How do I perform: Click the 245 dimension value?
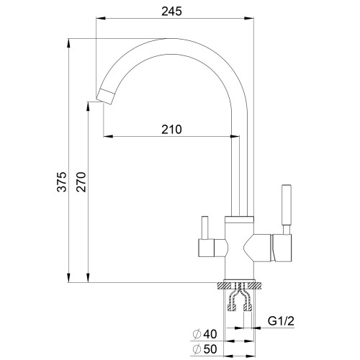(x=171, y=11)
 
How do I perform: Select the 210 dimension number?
(x=171, y=130)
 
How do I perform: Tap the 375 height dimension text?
(x=62, y=181)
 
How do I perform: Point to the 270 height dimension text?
(x=81, y=181)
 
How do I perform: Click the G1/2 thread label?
(x=281, y=321)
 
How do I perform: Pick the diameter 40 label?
(x=204, y=334)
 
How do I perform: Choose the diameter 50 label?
(x=204, y=349)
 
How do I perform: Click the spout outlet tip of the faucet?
(x=105, y=96)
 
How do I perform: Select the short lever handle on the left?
(x=204, y=228)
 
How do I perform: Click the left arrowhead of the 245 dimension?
(x=101, y=18)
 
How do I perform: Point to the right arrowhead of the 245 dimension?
(x=249, y=18)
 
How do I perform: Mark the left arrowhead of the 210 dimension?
(x=108, y=137)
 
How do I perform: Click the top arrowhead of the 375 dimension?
(x=68, y=44)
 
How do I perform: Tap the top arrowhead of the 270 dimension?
(x=88, y=107)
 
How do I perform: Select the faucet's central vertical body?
(x=239, y=250)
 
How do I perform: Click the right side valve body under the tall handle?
(x=282, y=248)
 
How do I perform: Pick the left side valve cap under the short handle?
(x=206, y=248)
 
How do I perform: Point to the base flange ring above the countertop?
(x=239, y=281)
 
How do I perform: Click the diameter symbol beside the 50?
(x=197, y=349)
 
